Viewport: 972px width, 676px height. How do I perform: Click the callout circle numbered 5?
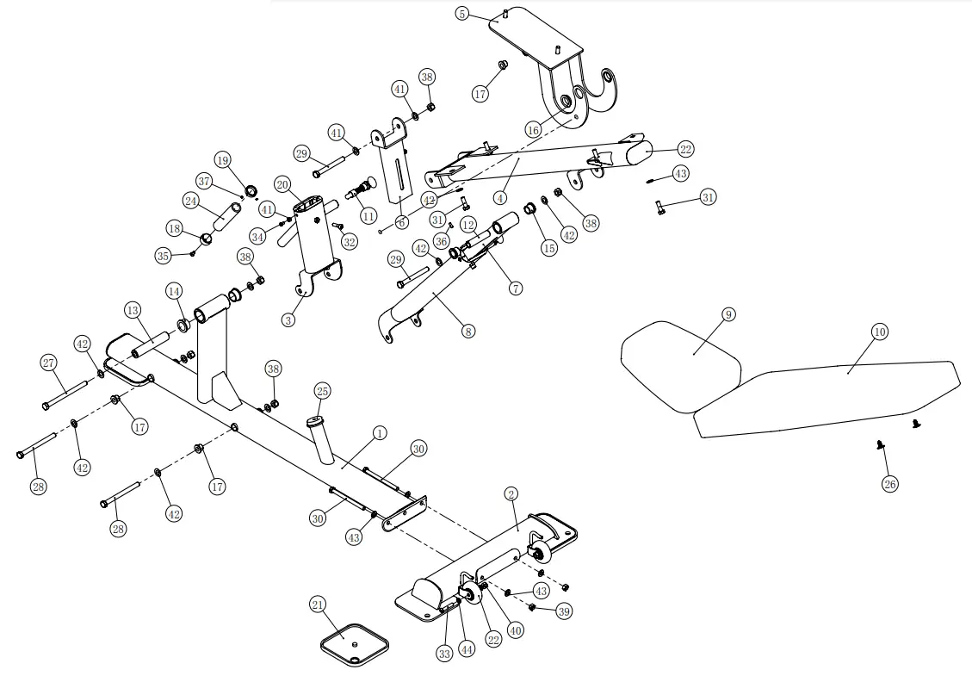[462, 14]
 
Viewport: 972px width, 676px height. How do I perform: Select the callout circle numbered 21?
[318, 605]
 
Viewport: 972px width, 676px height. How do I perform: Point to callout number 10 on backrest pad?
[880, 332]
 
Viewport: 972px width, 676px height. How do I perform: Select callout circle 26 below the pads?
[889, 484]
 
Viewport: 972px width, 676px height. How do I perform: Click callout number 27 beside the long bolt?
[49, 363]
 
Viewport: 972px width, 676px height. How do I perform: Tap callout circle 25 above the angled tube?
[322, 392]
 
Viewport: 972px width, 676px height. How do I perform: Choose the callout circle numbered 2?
[511, 494]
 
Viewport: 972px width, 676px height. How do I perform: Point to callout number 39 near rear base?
[564, 611]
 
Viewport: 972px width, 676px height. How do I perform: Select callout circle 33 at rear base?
[444, 654]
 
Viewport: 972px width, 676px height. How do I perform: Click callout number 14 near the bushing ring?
[175, 291]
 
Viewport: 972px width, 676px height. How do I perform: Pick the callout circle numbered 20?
[282, 184]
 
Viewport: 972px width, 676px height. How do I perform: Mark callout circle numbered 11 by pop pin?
[368, 215]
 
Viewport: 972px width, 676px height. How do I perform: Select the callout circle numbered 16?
[533, 129]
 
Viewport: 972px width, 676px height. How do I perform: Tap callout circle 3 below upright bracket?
[288, 319]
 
